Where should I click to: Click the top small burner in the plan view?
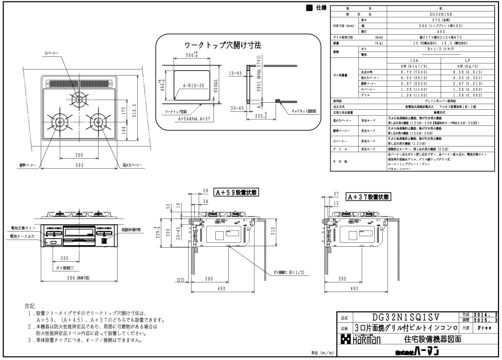(78, 100)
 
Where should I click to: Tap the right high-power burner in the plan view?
(95, 121)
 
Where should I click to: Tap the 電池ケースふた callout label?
(21, 236)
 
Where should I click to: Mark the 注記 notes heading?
(30, 306)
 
